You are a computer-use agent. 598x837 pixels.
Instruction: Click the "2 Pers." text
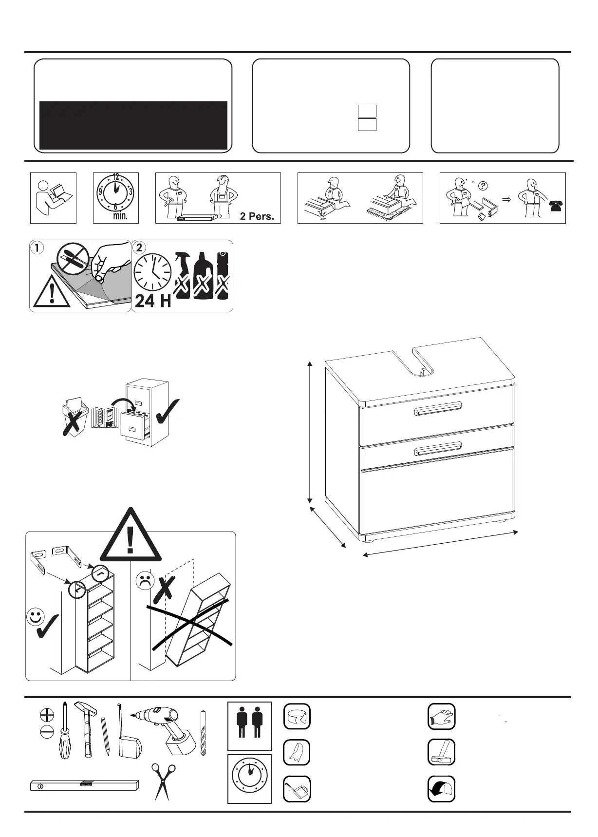(x=257, y=216)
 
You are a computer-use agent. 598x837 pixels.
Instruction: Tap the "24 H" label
(x=153, y=301)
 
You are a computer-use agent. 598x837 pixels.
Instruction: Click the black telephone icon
(x=556, y=206)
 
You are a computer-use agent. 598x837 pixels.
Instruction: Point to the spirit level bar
(x=84, y=785)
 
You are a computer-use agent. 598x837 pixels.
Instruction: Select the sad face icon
(x=145, y=581)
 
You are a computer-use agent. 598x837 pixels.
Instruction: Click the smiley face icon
(x=35, y=617)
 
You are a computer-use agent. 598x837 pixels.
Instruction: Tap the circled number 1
(x=37, y=247)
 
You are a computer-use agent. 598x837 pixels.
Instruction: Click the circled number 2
(x=139, y=247)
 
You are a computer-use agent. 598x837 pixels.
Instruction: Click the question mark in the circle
(x=483, y=185)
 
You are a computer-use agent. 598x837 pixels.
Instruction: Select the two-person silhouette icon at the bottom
(x=250, y=725)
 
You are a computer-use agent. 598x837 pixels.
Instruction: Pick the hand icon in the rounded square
(x=441, y=717)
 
